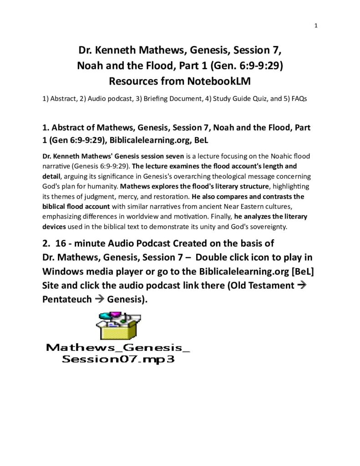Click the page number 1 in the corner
tap(315, 25)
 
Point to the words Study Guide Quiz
tap(228, 99)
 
